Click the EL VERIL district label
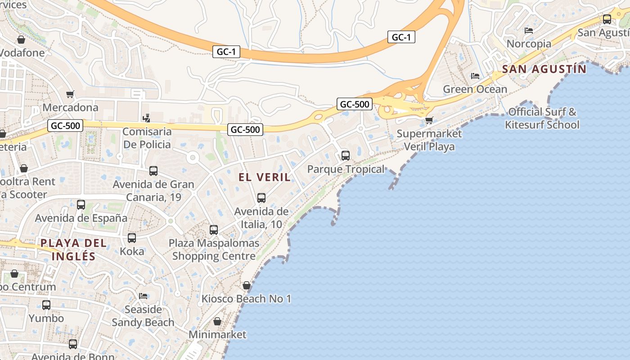tap(265, 177)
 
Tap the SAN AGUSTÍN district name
tap(544, 69)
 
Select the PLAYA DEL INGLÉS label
tap(74, 250)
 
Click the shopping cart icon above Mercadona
tap(70, 94)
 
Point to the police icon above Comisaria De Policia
tap(146, 118)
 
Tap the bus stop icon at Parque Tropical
tap(345, 156)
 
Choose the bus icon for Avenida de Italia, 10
tap(261, 198)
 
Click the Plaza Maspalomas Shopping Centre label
tap(214, 250)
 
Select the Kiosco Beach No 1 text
tap(246, 299)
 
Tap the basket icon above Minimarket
tap(217, 321)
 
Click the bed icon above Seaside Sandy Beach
tap(143, 296)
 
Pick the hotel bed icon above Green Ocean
tap(475, 76)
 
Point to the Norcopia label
tap(529, 44)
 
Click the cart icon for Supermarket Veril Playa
tap(429, 120)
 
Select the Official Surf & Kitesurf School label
tap(542, 118)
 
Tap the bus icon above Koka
tap(132, 238)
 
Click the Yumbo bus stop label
tap(46, 318)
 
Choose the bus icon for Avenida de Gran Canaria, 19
tap(153, 171)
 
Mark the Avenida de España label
tap(81, 218)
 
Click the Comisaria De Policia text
tap(147, 138)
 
